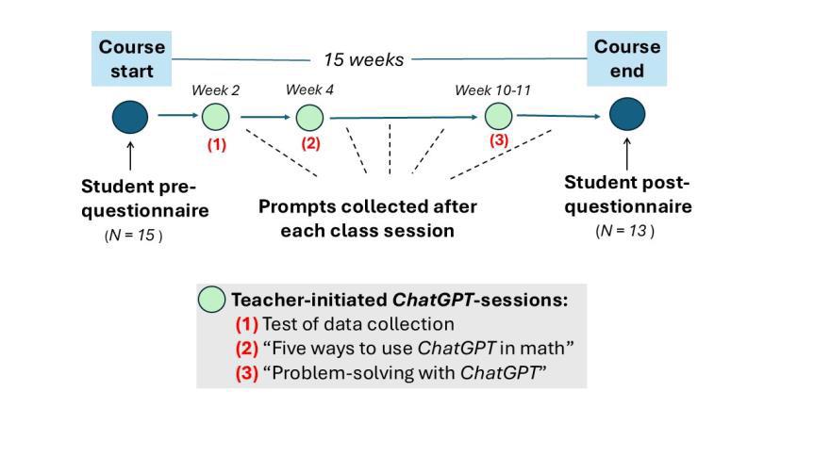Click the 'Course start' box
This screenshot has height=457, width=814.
[x=132, y=58]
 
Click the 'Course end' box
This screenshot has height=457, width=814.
[x=626, y=58]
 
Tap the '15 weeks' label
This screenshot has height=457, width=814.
[x=363, y=59]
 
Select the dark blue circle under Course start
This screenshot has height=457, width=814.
[x=130, y=117]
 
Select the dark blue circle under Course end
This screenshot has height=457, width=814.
[x=626, y=115]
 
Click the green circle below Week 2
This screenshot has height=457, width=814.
[x=216, y=117]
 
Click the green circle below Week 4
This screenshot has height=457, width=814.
[x=309, y=118]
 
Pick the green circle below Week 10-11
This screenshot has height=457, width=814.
[x=498, y=116]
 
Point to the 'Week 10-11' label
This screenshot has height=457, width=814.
[x=492, y=90]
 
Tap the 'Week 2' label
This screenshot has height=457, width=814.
[x=216, y=90]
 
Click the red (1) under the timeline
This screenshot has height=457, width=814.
[x=217, y=145]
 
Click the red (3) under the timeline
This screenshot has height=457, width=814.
[x=498, y=140]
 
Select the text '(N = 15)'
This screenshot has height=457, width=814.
[x=133, y=236]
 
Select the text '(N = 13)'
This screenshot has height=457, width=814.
[x=624, y=231]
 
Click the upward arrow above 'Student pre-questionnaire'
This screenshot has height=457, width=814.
[x=130, y=155]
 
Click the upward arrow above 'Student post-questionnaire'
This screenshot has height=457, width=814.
[x=626, y=153]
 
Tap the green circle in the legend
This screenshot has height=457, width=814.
[x=212, y=301]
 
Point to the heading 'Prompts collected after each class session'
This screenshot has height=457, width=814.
[x=368, y=218]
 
